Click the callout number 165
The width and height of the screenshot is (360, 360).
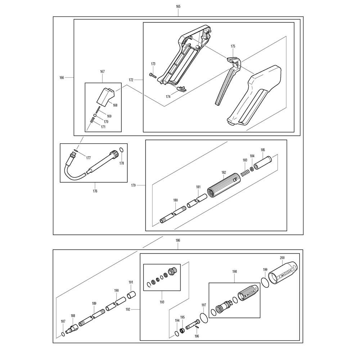point(178,6)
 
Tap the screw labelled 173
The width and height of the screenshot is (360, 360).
point(153,75)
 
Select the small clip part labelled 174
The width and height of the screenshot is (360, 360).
point(181,88)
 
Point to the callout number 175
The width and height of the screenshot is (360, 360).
point(233,46)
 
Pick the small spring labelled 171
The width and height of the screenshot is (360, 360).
point(92,120)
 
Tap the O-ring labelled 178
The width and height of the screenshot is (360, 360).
point(122,150)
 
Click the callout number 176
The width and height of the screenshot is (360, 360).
point(95,191)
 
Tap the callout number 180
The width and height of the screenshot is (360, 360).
point(175,200)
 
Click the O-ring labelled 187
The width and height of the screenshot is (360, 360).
point(63,334)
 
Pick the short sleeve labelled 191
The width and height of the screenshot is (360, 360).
point(131,295)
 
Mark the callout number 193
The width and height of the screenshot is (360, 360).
point(162,302)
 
